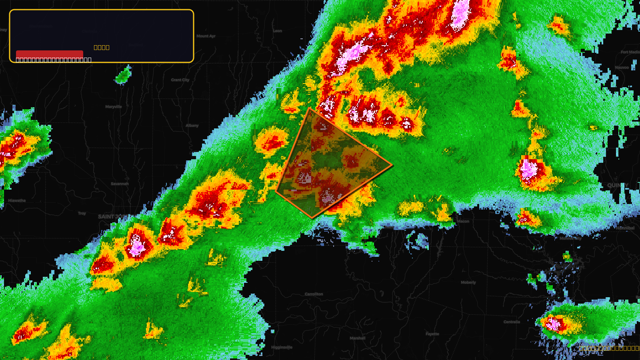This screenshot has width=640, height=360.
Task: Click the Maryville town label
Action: click(113, 107)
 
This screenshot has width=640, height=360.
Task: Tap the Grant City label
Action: click(180, 80)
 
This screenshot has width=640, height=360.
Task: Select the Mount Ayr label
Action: click(206, 36)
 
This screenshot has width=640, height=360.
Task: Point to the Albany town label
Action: click(192, 126)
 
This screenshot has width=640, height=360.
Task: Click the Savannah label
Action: click(120, 184)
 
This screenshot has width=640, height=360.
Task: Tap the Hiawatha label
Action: click(17, 200)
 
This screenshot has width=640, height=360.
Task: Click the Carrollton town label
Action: click(314, 294)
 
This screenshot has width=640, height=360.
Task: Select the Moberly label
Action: click(468, 282)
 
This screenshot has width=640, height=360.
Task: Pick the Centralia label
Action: click(512, 322)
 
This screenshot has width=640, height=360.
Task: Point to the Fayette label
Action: click(432, 334)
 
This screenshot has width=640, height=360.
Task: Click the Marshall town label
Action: click(357, 338)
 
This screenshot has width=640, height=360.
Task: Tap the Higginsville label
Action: click(282, 347)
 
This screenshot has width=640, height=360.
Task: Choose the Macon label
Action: click(463, 221)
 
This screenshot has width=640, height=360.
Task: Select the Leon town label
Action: click(277, 31)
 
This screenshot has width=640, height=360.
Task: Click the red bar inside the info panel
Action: click(50, 54)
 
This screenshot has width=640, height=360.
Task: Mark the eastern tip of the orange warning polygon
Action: click(392, 164)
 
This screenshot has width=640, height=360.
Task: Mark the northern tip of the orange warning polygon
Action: click(310, 108)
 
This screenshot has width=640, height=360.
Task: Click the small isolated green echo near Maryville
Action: click(124, 75)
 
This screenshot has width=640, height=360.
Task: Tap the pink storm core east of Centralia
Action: click(554, 323)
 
